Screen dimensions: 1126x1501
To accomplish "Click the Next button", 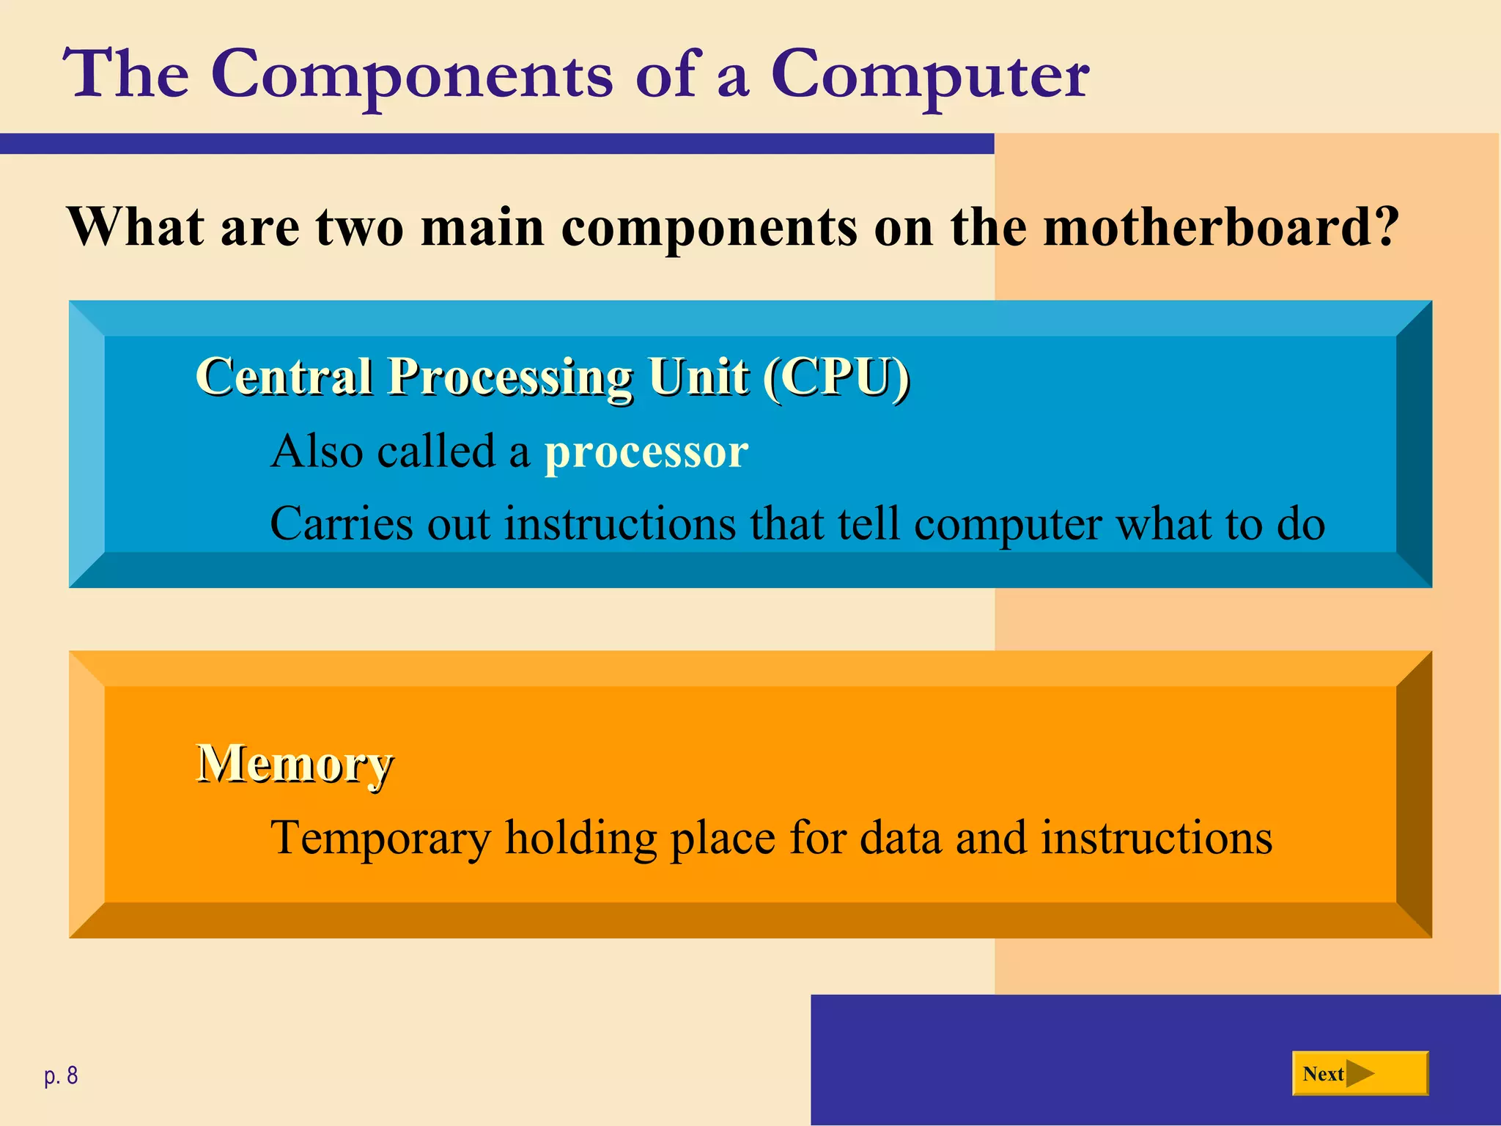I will (1360, 1073).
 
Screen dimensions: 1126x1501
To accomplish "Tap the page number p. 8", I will (61, 1075).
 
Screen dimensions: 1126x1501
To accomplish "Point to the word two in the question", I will (360, 227).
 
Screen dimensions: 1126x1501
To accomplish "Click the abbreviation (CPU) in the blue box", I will (836, 377).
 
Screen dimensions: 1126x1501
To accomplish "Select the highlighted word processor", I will (646, 452).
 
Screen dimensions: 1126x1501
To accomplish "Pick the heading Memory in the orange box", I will (295, 764).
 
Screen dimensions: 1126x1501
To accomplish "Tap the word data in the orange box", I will (900, 837).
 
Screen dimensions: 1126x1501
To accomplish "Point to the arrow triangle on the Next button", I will (1360, 1074).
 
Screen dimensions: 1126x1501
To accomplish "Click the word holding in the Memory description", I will (580, 839).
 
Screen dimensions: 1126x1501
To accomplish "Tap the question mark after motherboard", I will (1385, 227).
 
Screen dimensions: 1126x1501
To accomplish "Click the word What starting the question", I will (136, 227).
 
